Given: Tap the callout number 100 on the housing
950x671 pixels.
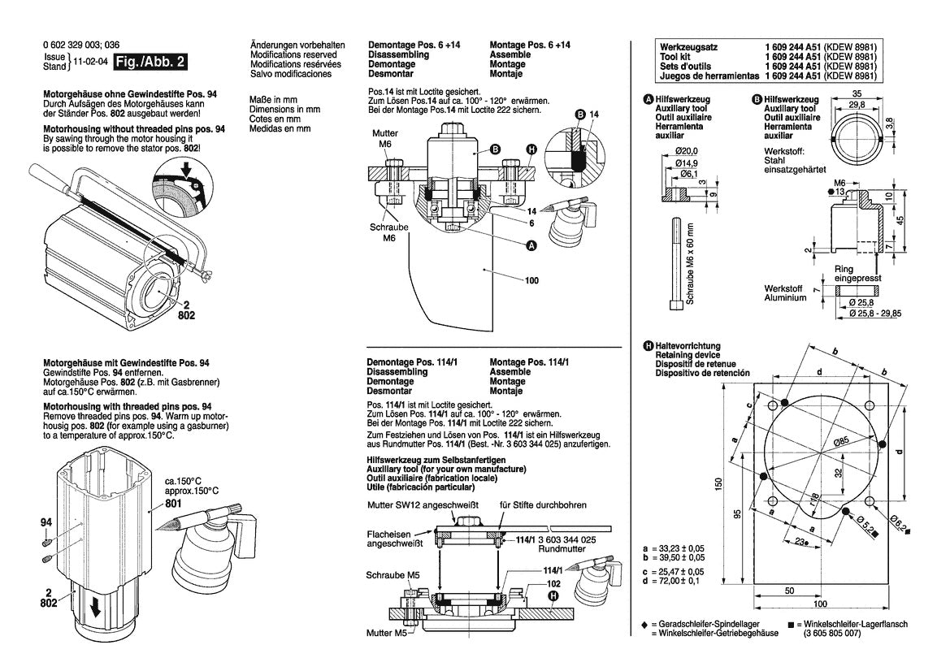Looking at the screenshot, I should point(531,280).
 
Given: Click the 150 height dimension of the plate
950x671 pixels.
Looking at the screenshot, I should point(718,485).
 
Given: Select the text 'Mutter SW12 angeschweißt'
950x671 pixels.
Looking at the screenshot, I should point(419,504).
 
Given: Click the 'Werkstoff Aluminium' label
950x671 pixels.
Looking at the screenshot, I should point(785,292).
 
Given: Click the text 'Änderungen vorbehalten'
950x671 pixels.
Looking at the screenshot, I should point(297,45).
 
